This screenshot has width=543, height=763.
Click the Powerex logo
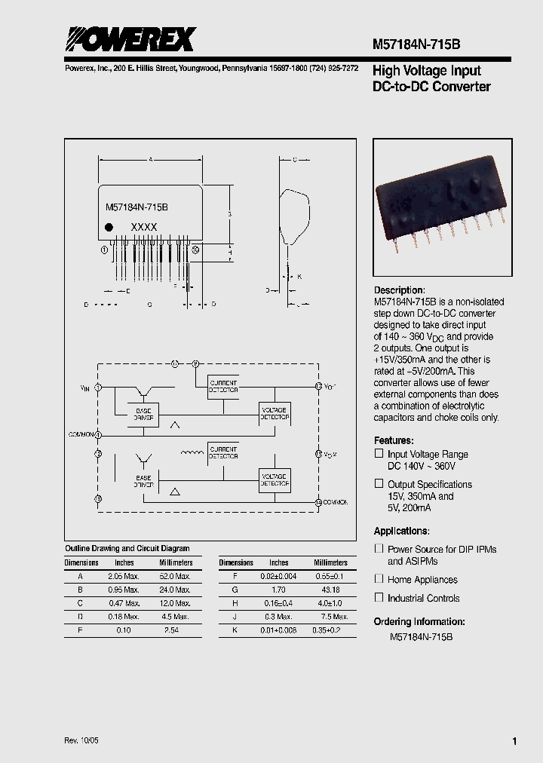coord(129,38)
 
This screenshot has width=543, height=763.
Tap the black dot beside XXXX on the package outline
coord(109,227)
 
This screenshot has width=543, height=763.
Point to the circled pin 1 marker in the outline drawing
coord(104,250)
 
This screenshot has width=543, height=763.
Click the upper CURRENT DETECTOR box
coord(222,386)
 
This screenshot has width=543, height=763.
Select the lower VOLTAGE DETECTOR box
coord(274,480)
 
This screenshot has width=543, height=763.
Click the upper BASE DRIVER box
coord(143,415)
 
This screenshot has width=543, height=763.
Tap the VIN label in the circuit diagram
coord(84,388)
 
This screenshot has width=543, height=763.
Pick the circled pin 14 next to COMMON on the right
coord(318,501)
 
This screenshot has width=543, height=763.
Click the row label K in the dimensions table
coord(235,630)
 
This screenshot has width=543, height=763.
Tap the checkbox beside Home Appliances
coord(379,578)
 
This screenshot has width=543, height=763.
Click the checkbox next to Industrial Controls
coord(379,597)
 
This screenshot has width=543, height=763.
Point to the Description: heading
coord(400,290)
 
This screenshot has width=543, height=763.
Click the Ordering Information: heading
coord(419,622)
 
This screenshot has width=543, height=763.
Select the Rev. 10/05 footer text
coord(81,740)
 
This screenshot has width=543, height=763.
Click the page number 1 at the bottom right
coord(514,741)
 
